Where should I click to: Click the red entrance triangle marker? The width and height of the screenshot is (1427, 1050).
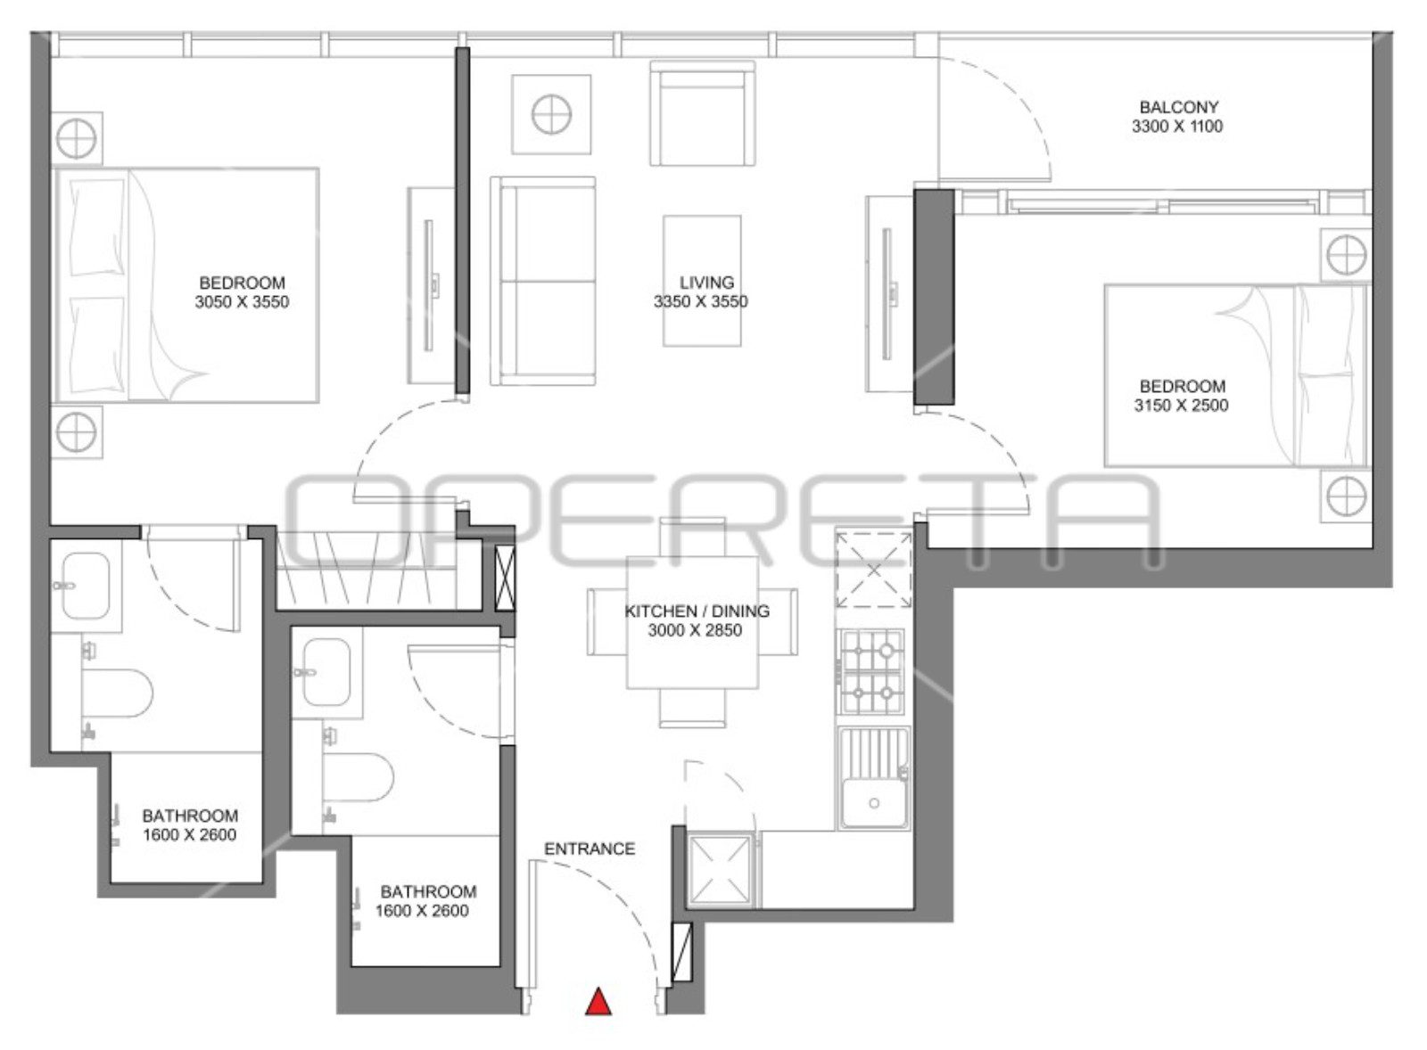point(598,1001)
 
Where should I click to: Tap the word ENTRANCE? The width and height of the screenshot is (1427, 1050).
point(590,849)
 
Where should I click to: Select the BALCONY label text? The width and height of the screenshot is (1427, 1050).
point(1179,107)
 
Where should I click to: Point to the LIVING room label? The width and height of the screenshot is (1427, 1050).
point(706,282)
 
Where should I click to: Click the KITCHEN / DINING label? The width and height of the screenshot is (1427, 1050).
point(697,611)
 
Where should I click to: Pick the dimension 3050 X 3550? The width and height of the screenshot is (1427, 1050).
point(242,302)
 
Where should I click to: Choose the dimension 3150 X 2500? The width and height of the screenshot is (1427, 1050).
point(1181,406)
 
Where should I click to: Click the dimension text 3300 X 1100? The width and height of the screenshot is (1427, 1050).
point(1177,127)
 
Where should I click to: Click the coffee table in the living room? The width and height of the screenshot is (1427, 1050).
point(702,281)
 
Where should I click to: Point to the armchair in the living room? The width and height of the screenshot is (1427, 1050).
point(703,113)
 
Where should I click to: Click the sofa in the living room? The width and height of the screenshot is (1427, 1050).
point(543,281)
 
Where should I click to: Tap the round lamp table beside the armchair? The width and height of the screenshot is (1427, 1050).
point(551,114)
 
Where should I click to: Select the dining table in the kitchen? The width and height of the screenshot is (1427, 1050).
point(692,622)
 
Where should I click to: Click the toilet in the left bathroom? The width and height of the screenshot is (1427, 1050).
point(117,693)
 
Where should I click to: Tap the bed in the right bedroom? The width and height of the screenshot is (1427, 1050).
point(1236,375)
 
